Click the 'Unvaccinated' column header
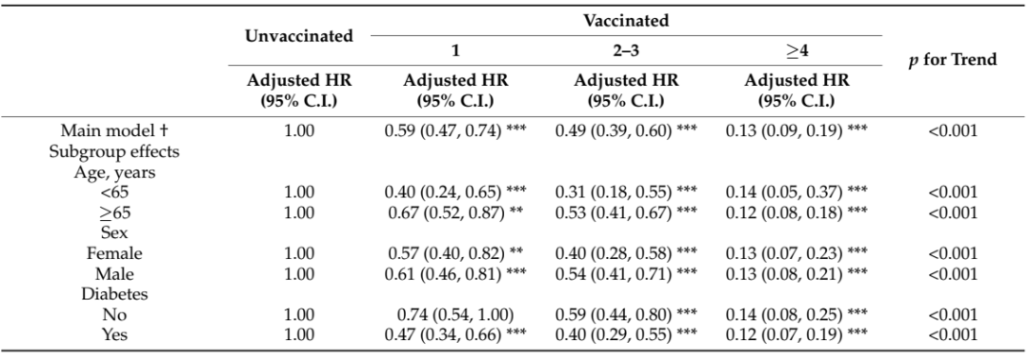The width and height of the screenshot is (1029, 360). click(x=298, y=36)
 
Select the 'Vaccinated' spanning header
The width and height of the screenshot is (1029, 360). click(x=626, y=19)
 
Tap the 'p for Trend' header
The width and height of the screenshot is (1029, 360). click(x=952, y=59)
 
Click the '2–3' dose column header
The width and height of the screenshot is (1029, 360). click(x=626, y=50)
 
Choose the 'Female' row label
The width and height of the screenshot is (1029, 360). click(x=114, y=253)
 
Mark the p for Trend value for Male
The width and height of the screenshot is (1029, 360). click(x=952, y=274)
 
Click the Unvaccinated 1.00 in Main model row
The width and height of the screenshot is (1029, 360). click(x=298, y=130)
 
